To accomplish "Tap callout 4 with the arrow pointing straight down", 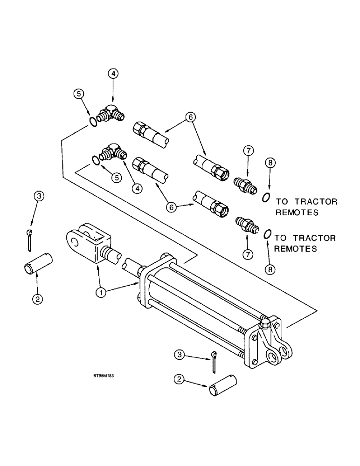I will coord(113,74).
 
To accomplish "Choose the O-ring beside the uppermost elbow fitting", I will coord(93,123).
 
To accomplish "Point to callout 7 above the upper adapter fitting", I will coord(248,150).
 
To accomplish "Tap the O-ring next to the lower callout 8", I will coord(268,234).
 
